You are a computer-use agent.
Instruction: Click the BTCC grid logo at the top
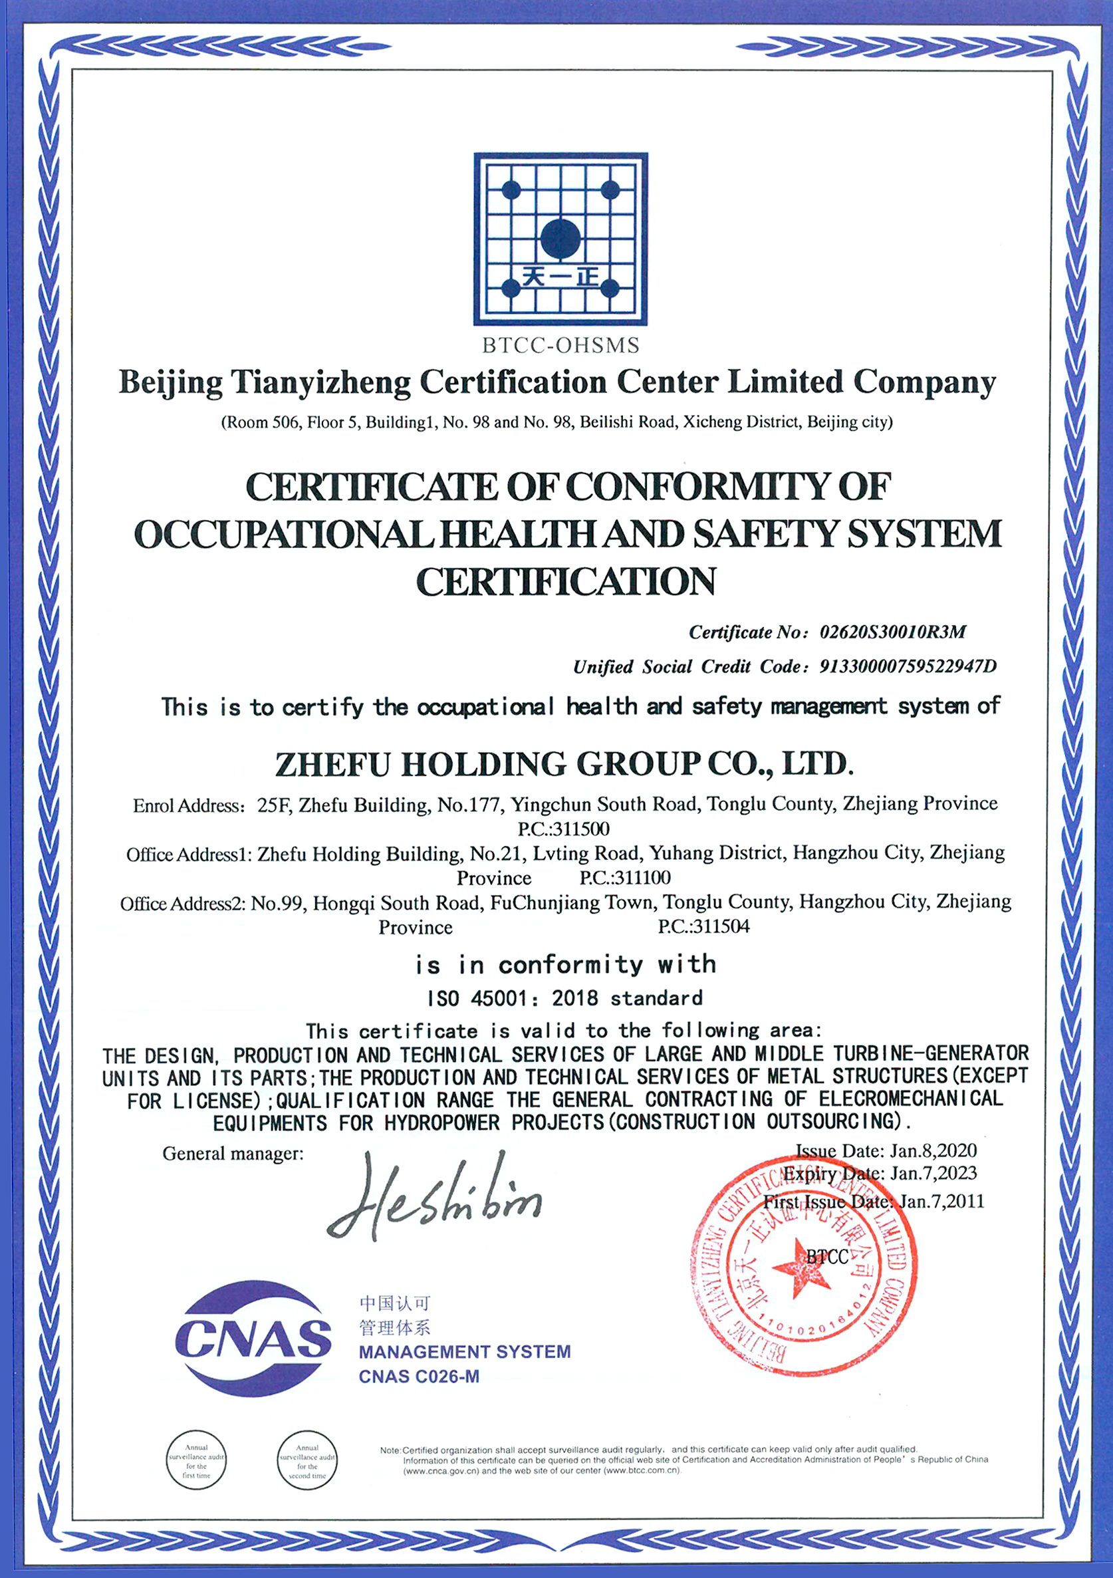pos(560,239)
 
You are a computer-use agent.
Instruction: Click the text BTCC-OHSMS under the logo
pos(560,345)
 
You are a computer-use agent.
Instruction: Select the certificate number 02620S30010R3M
pos(892,632)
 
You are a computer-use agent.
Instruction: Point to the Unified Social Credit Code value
pos(908,666)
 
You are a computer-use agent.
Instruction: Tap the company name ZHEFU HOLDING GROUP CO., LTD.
pos(564,764)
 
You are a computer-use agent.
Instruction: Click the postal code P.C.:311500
pos(563,828)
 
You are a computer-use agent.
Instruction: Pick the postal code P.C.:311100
pos(624,878)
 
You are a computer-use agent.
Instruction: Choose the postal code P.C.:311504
pos(703,926)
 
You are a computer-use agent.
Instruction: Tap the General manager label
pos(233,1153)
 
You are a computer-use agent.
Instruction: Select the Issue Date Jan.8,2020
pos(886,1150)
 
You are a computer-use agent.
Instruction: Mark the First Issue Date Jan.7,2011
pos(874,1202)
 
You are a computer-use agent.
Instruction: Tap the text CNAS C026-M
pos(419,1377)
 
